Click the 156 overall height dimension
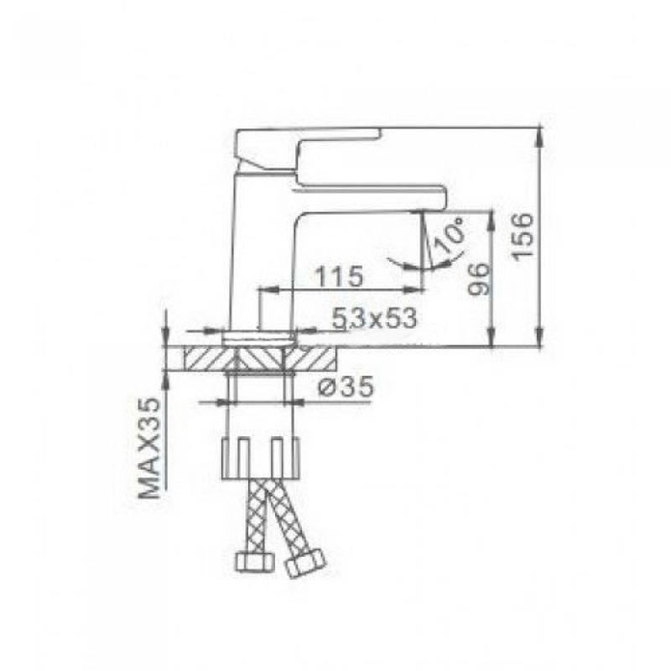coord(523,236)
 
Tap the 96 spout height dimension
coord(478,279)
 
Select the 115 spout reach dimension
coord(339,277)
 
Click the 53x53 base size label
coord(374,319)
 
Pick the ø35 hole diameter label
coord(346,388)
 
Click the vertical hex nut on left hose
coord(254,561)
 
